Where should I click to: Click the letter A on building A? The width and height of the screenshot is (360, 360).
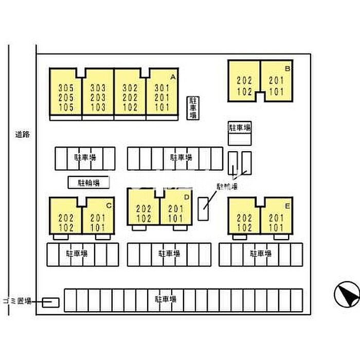(173, 77)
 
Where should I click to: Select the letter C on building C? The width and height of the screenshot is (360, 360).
(109, 206)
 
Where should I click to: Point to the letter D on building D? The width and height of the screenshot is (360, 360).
(187, 197)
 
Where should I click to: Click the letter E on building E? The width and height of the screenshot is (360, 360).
(289, 206)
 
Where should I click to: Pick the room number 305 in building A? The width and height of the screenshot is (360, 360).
(66, 87)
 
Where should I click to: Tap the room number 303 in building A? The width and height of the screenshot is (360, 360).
(98, 87)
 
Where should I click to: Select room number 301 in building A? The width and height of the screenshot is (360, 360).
(162, 87)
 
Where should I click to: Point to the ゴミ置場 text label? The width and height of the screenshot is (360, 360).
(17, 301)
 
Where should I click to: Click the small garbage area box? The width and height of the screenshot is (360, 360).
(50, 302)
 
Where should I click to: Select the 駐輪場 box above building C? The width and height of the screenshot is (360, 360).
(88, 182)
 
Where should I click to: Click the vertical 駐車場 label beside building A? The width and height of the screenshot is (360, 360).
(193, 107)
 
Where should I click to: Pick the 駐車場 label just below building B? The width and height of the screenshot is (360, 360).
(240, 127)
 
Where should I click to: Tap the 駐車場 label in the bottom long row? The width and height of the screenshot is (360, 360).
(166, 299)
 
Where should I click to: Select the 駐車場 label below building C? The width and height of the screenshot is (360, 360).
(76, 253)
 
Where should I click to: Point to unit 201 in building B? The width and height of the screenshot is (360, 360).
(276, 80)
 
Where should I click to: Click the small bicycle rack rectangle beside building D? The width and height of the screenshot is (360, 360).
(204, 208)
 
